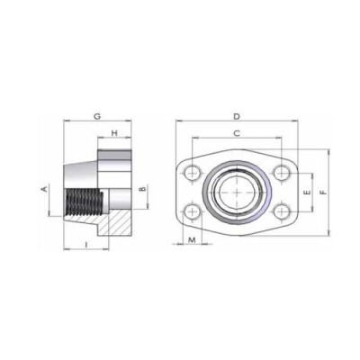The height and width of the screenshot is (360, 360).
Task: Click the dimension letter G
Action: (96, 116)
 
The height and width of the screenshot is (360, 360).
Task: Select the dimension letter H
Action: (114, 134)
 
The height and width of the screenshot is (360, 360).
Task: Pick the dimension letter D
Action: (237, 116)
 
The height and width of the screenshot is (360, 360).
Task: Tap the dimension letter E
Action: (308, 193)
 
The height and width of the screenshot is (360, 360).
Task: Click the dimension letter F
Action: (325, 191)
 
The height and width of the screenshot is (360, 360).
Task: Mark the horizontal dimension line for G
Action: (81, 123)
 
